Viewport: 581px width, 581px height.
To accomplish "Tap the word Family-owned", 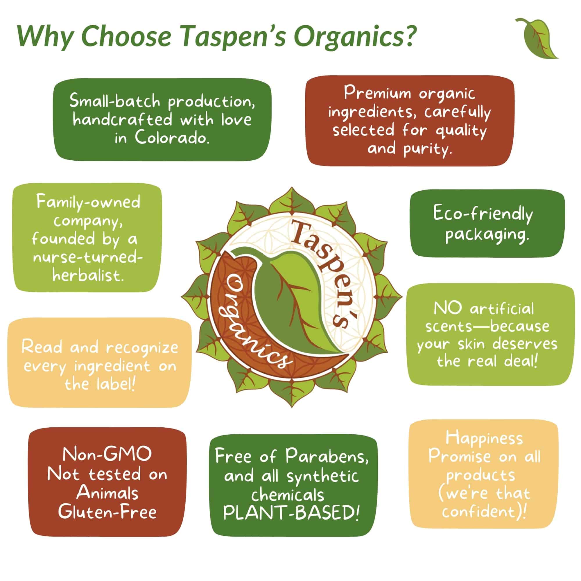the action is pos(88,202).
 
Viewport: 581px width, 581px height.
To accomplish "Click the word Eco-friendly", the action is pos(483,214).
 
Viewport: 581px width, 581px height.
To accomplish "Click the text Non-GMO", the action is pos(107,454).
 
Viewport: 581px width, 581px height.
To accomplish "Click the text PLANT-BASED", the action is pos(291,513).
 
